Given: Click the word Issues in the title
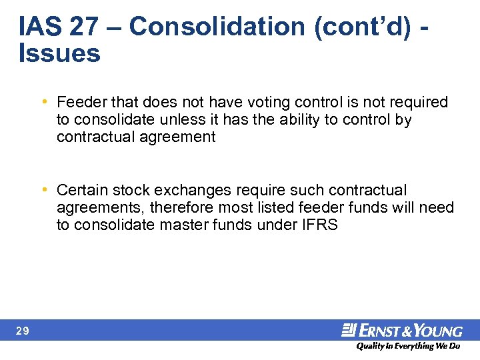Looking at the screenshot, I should pos(60,53).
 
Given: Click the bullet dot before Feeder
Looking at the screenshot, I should pos(43,102).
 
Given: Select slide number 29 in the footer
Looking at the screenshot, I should pos(22,331).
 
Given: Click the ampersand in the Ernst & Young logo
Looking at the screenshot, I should pos(413,331).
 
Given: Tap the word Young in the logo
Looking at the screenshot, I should pos(441,331).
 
